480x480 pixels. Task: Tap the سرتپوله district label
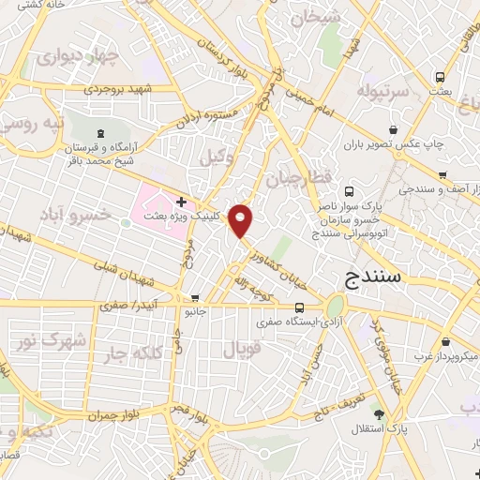tap(382, 92)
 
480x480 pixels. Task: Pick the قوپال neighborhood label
tap(239, 349)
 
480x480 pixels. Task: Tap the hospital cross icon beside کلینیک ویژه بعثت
tap(180, 202)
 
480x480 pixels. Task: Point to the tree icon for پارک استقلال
tap(379, 414)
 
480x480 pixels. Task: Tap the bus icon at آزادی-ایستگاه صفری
tap(299, 307)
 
